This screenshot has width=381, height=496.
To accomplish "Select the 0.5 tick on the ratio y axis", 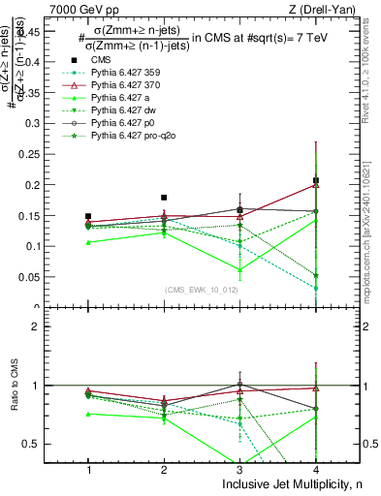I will point(45,444).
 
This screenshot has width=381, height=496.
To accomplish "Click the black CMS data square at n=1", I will point(88,216).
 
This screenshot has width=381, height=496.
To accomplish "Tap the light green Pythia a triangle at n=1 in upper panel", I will point(88,242).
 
